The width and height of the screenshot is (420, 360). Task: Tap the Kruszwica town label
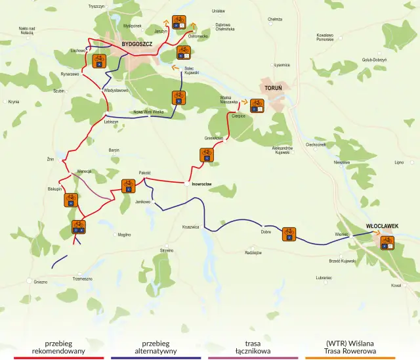[190, 227]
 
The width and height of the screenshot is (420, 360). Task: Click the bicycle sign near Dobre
[289, 234]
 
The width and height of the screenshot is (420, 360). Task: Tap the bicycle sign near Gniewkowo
[207, 155]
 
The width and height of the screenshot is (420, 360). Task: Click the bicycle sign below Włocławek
[387, 242]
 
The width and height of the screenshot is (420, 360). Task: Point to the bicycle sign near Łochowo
[98, 61]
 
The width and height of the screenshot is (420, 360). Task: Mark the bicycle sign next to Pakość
[128, 186]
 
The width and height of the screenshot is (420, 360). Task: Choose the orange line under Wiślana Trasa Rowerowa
[350, 358]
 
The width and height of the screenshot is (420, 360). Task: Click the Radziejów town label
[253, 252]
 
